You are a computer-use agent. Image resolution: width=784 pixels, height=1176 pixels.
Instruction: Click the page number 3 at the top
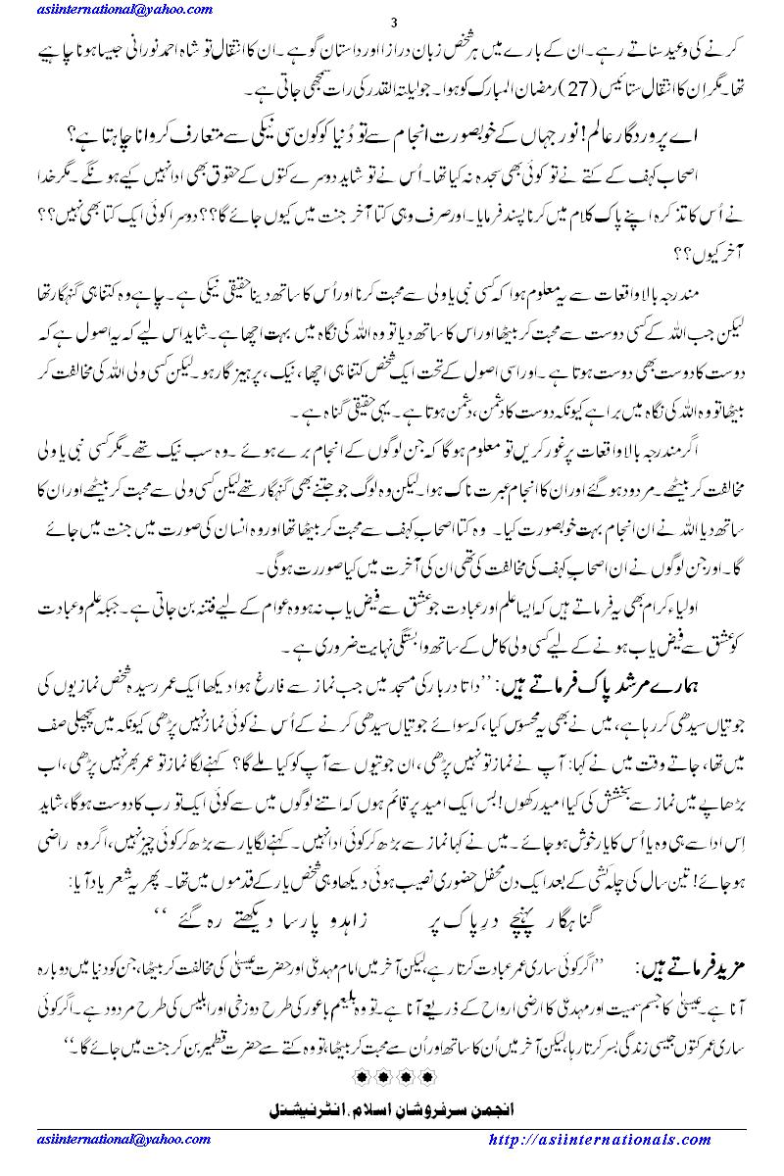(393, 23)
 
